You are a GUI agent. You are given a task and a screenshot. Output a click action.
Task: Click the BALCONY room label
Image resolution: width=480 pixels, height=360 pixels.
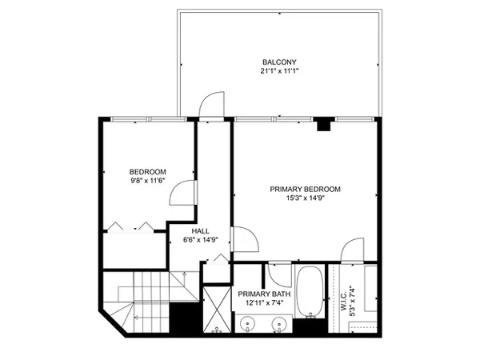pyautogui.click(x=279, y=62)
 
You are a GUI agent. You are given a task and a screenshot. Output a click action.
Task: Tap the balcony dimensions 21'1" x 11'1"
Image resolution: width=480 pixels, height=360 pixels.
pyautogui.click(x=279, y=71)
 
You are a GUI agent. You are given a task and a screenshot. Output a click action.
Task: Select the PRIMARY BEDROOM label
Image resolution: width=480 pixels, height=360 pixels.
pyautogui.click(x=305, y=189)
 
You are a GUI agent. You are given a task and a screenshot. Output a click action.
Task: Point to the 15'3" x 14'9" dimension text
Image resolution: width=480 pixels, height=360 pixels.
pyautogui.click(x=305, y=198)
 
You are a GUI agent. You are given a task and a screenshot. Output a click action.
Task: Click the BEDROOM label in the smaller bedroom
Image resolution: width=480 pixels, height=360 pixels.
pyautogui.click(x=147, y=172)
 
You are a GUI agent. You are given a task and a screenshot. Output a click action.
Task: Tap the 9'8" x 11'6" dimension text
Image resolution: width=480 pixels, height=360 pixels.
pyautogui.click(x=148, y=181)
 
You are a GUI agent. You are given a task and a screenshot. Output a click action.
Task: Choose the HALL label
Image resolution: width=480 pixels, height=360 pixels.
pyautogui.click(x=201, y=231)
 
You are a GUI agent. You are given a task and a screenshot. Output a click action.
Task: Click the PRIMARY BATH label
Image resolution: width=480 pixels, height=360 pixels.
pyautogui.click(x=264, y=294)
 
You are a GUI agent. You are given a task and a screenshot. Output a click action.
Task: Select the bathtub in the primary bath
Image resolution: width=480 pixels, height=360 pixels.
pyautogui.click(x=310, y=292)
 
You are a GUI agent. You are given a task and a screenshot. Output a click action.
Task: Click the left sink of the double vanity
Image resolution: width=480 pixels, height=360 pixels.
pyautogui.click(x=247, y=323)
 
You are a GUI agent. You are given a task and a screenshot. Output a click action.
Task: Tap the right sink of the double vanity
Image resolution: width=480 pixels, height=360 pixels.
pyautogui.click(x=279, y=323)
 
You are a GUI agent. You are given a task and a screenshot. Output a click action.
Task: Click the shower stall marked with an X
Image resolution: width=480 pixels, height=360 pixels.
pyautogui.click(x=218, y=309)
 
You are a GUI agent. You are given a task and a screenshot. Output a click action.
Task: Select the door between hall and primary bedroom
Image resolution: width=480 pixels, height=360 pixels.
pyautogui.click(x=253, y=234)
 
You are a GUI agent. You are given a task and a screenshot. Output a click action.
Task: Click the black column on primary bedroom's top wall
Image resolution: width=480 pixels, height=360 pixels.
pyautogui.click(x=324, y=124)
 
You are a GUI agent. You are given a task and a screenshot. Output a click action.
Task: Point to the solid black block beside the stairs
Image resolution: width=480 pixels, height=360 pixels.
pyautogui.click(x=186, y=318)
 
